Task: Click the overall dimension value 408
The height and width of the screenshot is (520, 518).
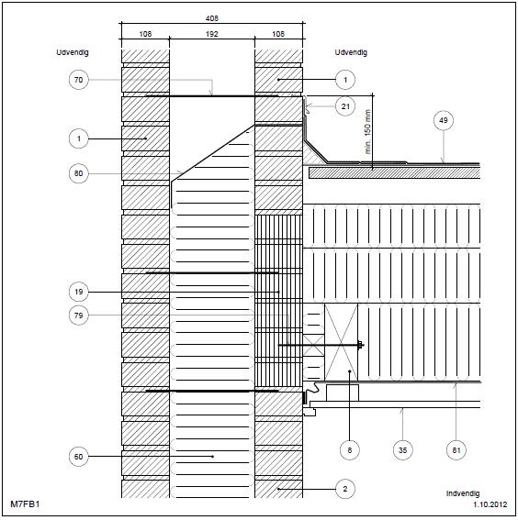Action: pyautogui.click(x=212, y=18)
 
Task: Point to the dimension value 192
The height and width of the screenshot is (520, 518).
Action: pyautogui.click(x=212, y=34)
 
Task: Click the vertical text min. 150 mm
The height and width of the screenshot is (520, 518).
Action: pyautogui.click(x=368, y=132)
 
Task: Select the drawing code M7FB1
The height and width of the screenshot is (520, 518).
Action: pyautogui.click(x=25, y=504)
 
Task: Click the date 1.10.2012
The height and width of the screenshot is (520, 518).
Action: pyautogui.click(x=490, y=504)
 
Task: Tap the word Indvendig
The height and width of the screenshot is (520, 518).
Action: pyautogui.click(x=463, y=493)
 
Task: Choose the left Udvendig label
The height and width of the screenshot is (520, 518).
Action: pyautogui.click(x=73, y=52)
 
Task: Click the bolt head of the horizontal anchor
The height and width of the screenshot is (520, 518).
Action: pyautogui.click(x=360, y=345)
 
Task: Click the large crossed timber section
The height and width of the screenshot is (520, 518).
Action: pyautogui.click(x=341, y=342)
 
